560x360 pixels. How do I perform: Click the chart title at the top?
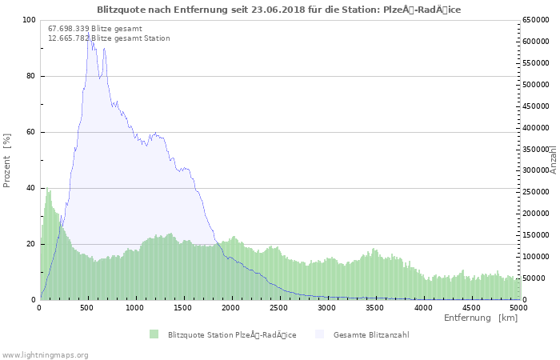(278, 10)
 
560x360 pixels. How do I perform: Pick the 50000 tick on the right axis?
(534, 278)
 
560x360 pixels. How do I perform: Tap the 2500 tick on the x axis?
(279, 307)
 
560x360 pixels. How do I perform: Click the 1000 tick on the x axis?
(135, 307)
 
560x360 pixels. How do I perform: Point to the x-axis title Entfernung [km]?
(481, 318)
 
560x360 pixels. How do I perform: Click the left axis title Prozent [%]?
(7, 160)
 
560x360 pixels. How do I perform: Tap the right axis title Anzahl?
(554, 160)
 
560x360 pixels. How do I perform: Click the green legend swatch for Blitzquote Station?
(154, 334)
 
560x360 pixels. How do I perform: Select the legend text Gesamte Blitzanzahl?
(371, 334)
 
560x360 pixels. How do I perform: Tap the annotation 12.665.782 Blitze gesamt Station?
(109, 38)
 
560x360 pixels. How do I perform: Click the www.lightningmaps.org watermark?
(46, 354)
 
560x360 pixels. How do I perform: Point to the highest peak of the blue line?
(89, 33)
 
